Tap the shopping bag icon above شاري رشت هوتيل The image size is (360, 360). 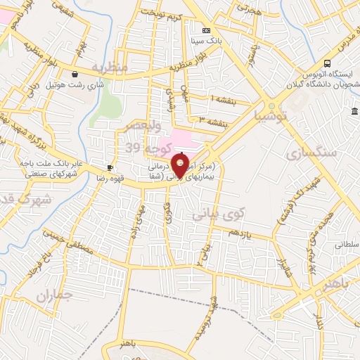pyautogui.click(x=75, y=74)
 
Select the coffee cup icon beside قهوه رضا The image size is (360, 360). pyautogui.click(x=110, y=167)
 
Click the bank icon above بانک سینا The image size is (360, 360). pyautogui.click(x=205, y=31)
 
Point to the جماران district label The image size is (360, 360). pyautogui.click(x=53, y=297)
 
